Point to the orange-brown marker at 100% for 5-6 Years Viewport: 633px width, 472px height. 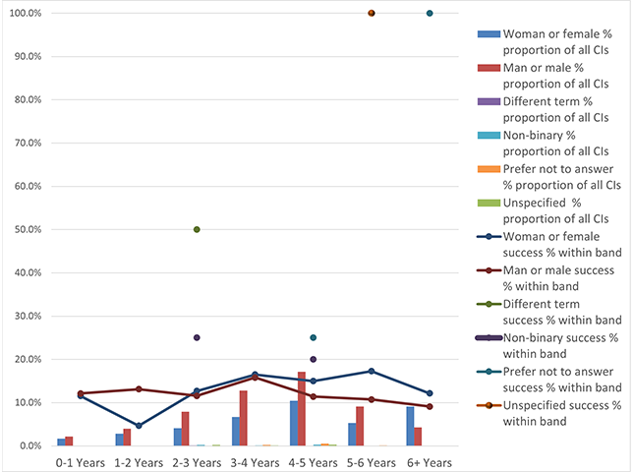coord(372,13)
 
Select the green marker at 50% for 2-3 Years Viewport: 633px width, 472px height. coord(198,229)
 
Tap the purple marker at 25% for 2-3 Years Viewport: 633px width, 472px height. coord(198,337)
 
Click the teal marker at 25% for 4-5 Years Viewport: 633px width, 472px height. coord(314,337)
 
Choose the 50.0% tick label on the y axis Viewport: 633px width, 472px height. coord(24,229)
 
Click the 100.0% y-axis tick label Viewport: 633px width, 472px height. coord(22,13)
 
